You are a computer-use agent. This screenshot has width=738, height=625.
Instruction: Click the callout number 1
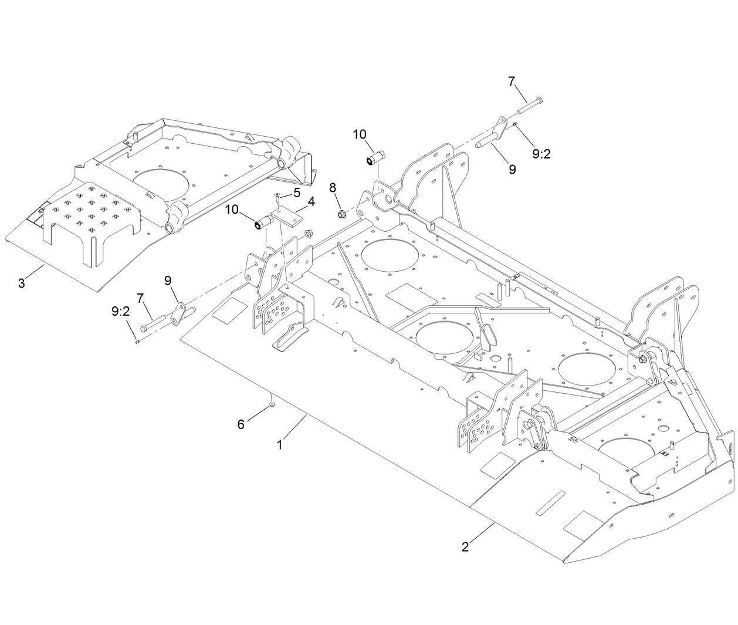280,445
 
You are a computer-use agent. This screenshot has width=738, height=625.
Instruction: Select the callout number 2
465,547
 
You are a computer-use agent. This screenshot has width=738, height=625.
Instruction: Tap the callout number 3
22,283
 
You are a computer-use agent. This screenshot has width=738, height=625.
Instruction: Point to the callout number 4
311,202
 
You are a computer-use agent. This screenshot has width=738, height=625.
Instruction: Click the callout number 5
297,192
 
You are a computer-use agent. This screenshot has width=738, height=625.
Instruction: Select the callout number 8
333,188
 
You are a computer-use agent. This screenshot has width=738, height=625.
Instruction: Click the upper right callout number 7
512,82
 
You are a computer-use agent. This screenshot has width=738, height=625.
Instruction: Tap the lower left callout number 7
140,298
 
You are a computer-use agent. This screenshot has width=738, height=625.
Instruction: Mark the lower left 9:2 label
120,312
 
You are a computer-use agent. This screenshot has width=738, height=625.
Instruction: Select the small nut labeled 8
343,213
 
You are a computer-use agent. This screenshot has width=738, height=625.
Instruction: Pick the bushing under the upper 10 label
374,158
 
